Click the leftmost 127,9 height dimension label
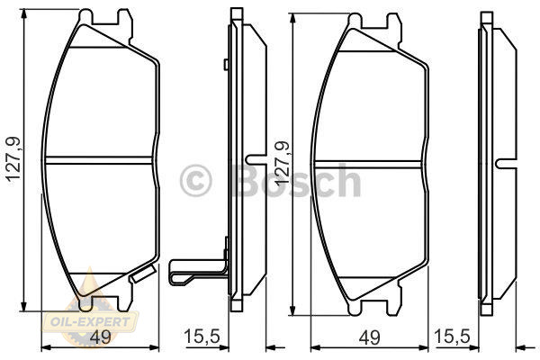tap(13, 160)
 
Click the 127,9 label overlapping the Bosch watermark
tap(282, 162)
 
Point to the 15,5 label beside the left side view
tap(202, 337)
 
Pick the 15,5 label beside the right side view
tap(452, 337)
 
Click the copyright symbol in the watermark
tap(195, 180)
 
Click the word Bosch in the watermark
tap(297, 180)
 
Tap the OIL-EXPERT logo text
tap(90, 322)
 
